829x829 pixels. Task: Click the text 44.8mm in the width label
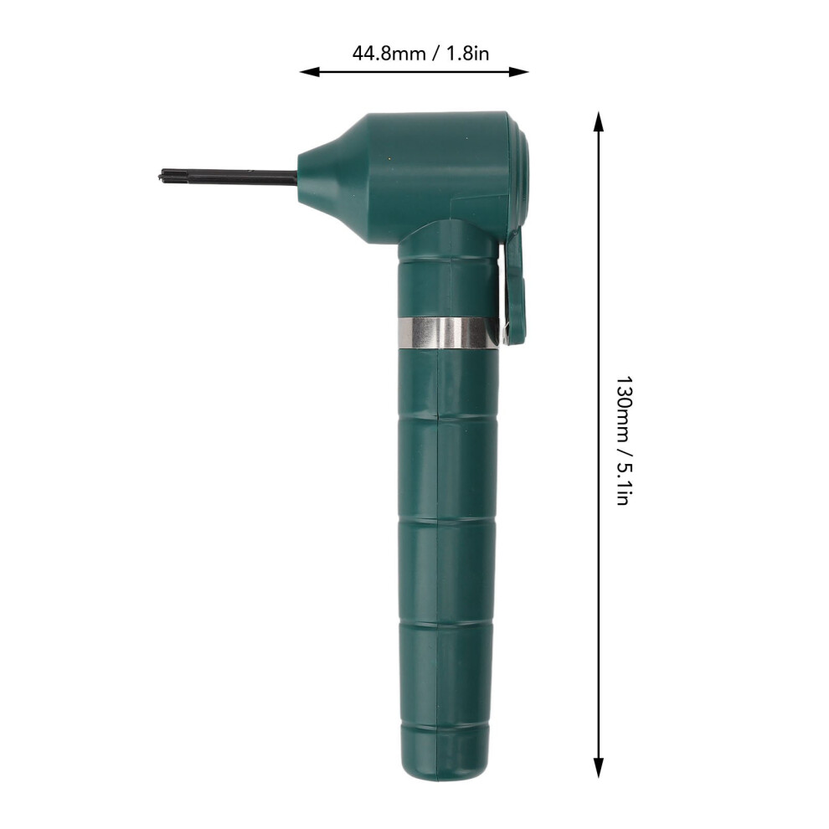pos(389,54)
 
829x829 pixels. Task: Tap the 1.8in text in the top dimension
pos(468,54)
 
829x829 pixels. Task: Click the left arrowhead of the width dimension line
pos(310,71)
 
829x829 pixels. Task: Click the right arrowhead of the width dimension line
pos(518,71)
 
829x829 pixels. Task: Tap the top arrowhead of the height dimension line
pos(598,121)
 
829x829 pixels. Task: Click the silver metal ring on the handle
pos(448,332)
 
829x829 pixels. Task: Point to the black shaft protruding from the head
pos(228,177)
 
